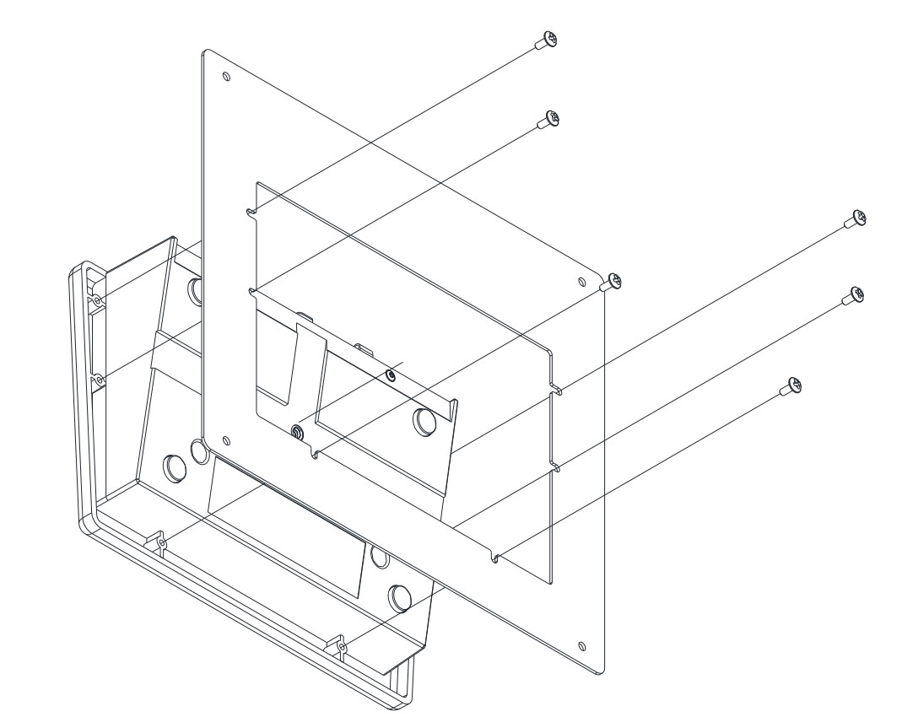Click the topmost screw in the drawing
549,40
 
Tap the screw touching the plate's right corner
614,281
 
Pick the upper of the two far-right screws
856,218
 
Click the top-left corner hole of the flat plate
225,77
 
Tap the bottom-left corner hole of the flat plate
224,439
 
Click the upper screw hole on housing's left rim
99,300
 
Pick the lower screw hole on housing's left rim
99,380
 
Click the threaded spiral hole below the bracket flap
297,431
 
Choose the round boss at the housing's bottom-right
399,596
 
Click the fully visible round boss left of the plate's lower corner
174,466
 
